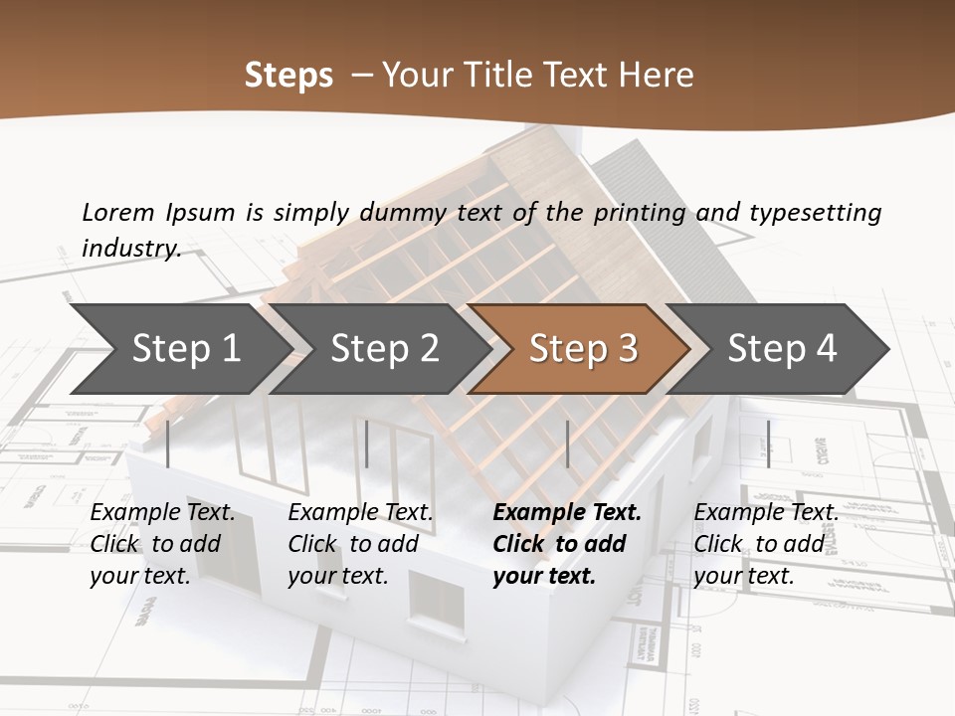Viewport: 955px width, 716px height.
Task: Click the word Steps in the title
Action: (x=288, y=76)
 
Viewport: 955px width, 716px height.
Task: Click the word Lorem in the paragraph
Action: (x=118, y=212)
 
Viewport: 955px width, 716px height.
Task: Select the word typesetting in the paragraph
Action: (x=815, y=212)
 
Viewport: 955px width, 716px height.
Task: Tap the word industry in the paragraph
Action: (x=130, y=248)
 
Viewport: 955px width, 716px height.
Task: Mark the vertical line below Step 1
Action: (x=168, y=444)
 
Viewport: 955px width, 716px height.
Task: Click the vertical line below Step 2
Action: (x=367, y=444)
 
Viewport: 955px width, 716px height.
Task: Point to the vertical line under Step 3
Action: (x=567, y=444)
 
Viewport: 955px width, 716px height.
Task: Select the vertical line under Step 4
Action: (x=768, y=444)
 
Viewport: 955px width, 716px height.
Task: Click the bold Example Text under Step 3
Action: (x=567, y=513)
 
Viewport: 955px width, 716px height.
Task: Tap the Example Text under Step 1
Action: (x=162, y=513)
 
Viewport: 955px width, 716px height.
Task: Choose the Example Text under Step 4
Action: (x=766, y=513)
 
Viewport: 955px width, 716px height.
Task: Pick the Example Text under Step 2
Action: (x=360, y=513)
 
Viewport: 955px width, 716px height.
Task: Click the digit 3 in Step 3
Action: (x=627, y=349)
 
